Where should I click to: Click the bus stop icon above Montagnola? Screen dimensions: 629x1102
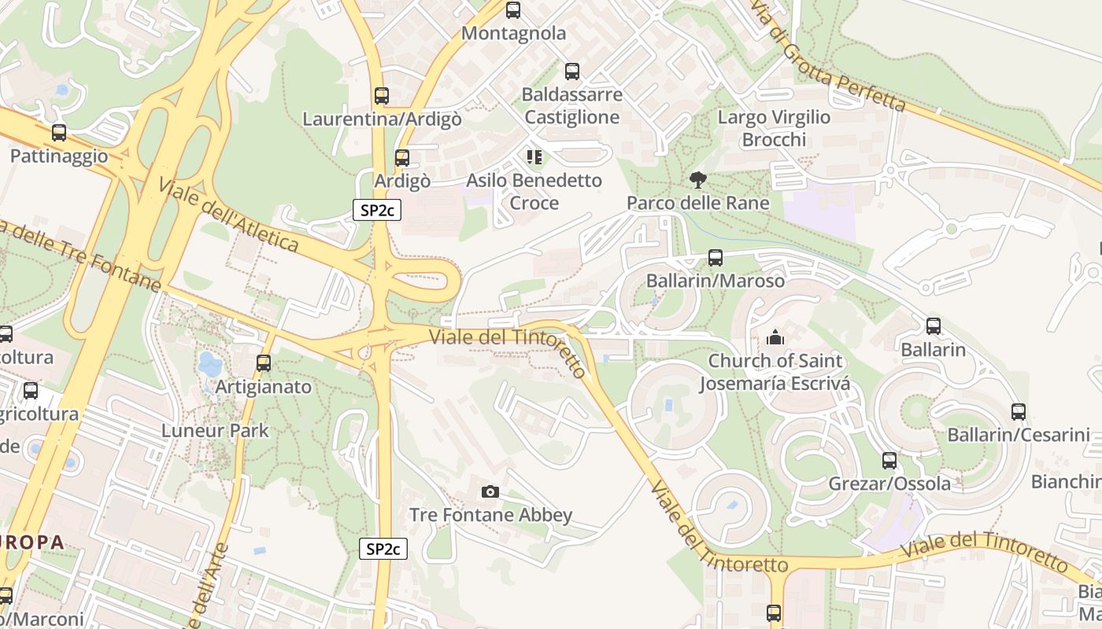(513, 10)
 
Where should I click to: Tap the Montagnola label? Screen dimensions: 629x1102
(513, 33)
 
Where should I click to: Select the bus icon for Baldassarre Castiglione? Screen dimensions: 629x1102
(572, 72)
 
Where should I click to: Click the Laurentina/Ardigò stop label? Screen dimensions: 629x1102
(382, 120)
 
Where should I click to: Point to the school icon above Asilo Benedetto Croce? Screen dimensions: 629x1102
(535, 157)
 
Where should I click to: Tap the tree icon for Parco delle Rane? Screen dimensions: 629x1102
(697, 180)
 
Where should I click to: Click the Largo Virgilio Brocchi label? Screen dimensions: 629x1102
(775, 128)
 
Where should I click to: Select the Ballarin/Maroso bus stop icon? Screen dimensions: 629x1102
(716, 257)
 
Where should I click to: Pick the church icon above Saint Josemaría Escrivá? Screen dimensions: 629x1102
(775, 338)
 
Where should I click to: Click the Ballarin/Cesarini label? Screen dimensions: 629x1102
(1018, 435)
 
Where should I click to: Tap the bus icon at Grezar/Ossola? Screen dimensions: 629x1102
(889, 461)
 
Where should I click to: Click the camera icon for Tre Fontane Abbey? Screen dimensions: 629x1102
(490, 492)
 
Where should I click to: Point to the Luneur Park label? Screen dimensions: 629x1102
(215, 431)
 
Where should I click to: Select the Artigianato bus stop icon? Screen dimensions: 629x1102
(264, 363)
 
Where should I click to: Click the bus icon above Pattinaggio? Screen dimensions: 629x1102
(59, 133)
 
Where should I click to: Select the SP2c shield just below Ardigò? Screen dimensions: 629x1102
(376, 210)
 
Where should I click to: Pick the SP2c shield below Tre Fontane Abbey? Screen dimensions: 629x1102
(383, 549)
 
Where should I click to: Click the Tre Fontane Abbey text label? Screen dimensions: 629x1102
(490, 515)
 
